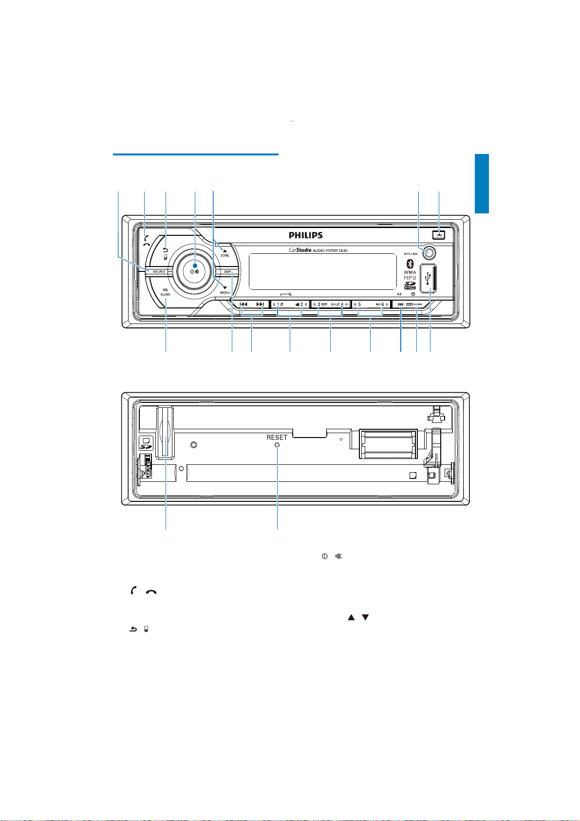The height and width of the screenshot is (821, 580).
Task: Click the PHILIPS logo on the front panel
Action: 306,235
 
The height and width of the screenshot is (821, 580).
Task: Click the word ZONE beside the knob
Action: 225,255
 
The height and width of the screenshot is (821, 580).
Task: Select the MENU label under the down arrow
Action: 225,292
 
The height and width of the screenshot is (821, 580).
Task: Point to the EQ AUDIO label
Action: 165,292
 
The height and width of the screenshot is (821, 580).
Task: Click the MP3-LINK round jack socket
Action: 429,252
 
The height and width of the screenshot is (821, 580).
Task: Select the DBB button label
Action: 400,305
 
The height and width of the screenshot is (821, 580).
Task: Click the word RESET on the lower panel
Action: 277,438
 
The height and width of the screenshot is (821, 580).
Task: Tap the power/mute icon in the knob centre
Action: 194,271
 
